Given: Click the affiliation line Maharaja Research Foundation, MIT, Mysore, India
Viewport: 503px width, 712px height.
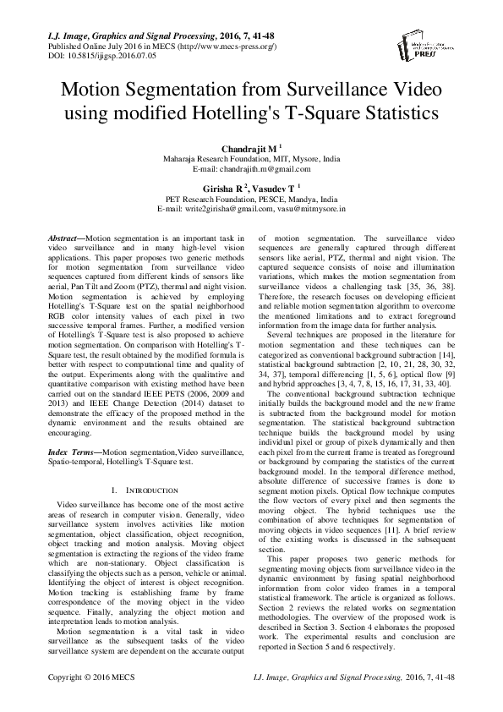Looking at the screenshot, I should [251, 158].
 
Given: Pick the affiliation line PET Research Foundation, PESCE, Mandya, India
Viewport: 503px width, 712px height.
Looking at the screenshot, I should [251, 201].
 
